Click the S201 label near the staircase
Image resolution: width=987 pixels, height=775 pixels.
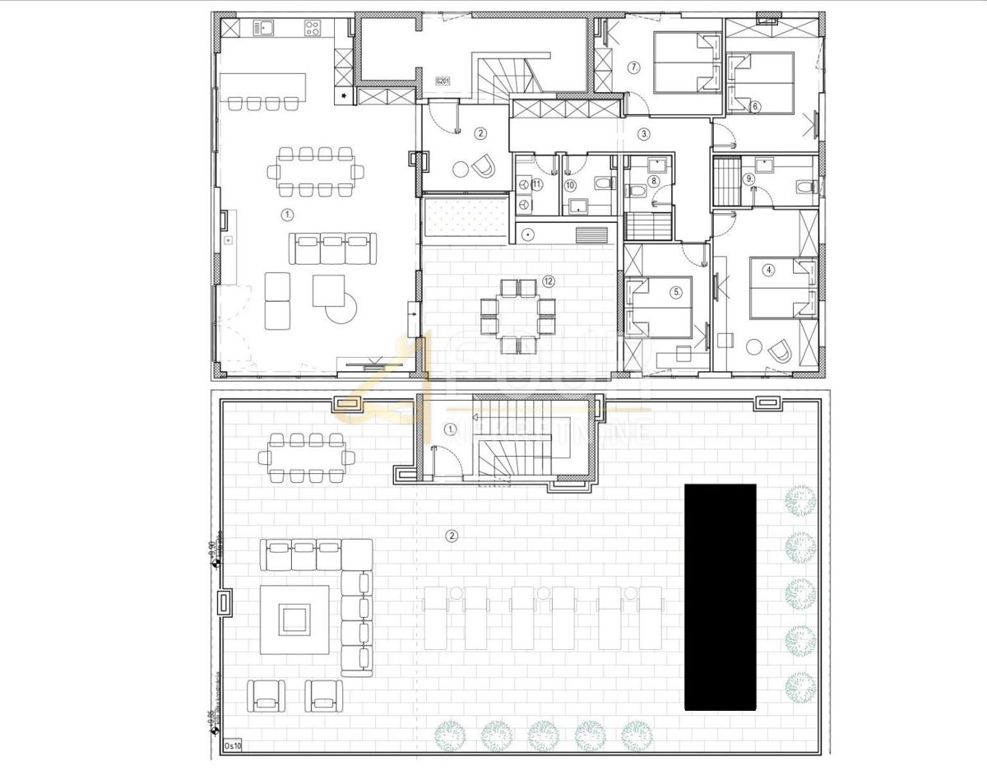click(443, 81)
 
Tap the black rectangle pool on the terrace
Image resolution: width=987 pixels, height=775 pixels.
click(721, 596)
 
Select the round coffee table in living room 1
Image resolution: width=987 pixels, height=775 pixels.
click(341, 309)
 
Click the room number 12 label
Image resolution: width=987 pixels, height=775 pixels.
click(549, 281)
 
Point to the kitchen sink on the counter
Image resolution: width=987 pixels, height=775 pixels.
click(265, 30)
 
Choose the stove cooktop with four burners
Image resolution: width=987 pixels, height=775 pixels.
click(313, 30)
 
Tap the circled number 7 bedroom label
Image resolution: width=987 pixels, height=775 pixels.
click(633, 67)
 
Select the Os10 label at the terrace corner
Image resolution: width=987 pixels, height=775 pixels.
click(233, 746)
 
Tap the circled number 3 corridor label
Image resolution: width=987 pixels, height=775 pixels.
click(644, 132)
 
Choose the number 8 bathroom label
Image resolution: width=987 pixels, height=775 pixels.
click(654, 181)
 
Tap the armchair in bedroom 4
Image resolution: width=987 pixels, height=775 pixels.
click(780, 352)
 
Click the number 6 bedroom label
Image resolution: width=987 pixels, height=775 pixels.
click(755, 105)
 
